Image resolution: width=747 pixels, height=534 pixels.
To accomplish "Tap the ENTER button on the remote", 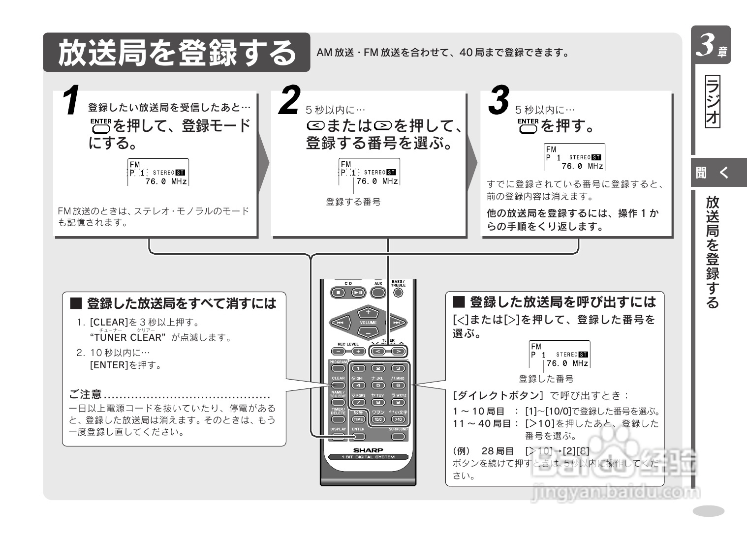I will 358,436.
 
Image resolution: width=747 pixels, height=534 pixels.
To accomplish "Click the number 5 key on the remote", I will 378,386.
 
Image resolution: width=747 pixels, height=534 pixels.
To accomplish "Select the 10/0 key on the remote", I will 378,419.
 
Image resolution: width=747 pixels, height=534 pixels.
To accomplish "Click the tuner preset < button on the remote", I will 378,351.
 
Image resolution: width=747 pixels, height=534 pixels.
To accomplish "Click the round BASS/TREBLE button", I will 398,293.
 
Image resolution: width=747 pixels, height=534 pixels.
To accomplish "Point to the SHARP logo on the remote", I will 368,450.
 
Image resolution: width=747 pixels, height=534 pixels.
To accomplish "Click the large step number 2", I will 289,101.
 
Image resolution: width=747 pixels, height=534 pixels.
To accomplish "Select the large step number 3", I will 498,101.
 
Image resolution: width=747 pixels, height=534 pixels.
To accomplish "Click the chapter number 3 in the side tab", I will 707,45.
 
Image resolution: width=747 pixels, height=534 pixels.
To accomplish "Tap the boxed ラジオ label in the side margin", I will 712,102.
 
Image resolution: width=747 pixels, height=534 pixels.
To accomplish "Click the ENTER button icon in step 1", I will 101,126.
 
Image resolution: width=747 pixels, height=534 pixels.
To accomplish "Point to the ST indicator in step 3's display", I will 596,158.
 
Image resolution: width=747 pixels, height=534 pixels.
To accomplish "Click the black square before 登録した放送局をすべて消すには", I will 76,303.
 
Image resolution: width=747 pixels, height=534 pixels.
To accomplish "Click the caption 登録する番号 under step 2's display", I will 353,202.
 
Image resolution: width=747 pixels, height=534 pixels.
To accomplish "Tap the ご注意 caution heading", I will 85,394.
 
